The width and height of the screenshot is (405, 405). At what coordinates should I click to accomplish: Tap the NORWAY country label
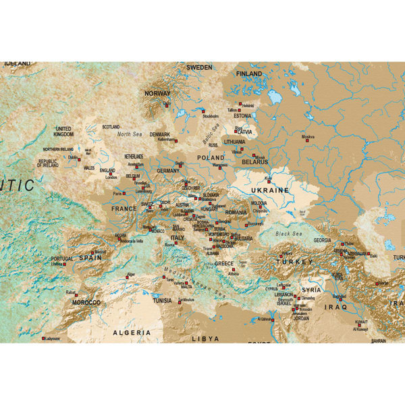(x=158, y=94)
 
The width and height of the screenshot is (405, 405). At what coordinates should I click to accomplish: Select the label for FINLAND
(x=249, y=74)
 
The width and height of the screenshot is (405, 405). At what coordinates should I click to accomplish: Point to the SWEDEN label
(x=199, y=67)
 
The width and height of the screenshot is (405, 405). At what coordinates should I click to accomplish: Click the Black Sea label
(x=290, y=233)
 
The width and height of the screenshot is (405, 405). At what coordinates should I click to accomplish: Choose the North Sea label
(x=130, y=134)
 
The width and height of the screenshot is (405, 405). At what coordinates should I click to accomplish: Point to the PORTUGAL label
(x=61, y=259)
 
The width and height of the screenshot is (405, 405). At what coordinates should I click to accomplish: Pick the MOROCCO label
(x=86, y=302)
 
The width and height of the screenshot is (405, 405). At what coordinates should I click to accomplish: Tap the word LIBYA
(x=205, y=337)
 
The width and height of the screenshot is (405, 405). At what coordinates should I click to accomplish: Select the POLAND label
(x=211, y=157)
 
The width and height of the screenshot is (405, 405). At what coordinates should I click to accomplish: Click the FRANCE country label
(x=124, y=209)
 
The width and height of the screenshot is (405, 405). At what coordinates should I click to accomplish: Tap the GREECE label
(x=224, y=264)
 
